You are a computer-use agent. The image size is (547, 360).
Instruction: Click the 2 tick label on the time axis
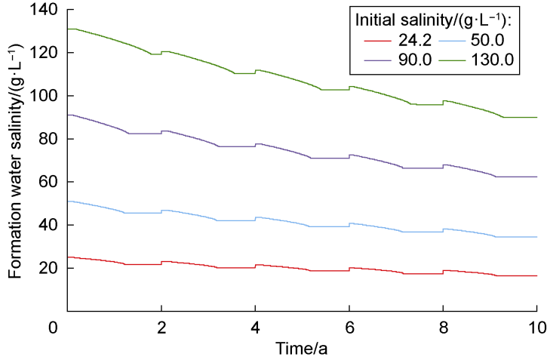pos(161,328)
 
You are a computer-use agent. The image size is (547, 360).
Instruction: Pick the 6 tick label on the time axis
pos(349,328)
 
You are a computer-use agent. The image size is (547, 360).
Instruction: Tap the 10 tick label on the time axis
pos(537,328)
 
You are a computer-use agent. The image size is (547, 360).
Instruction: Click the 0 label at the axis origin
pos(53,328)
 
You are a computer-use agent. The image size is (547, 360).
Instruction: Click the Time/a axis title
pos(301,349)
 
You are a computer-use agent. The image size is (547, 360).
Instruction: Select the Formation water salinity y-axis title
pos(15,161)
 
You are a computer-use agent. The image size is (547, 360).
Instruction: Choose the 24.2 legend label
pos(415,41)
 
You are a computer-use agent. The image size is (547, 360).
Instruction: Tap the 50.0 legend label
pos(487,41)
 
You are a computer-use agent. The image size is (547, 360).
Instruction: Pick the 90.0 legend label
pos(415,60)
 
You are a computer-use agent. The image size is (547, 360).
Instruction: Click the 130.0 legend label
pos(492,60)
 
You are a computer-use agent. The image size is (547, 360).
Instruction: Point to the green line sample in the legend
pos(452,60)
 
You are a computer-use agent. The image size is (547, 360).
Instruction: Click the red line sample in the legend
pos(378,41)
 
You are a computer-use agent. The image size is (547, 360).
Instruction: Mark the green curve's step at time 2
pos(161,53)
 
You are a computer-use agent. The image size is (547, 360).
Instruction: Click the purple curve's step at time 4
pos(255,145)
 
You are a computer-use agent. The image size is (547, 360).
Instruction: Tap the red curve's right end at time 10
pos(536,276)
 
